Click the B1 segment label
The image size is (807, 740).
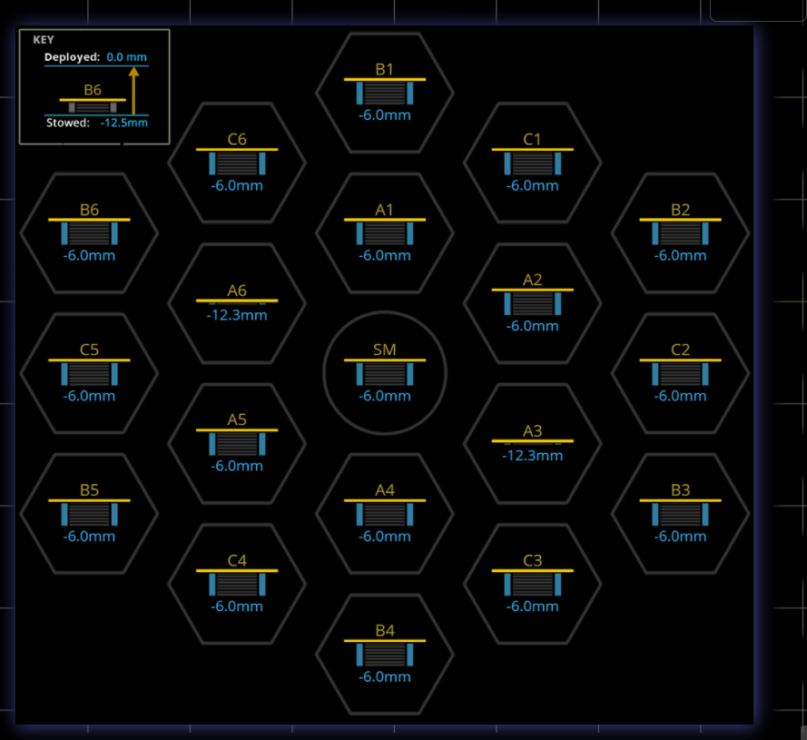(385, 69)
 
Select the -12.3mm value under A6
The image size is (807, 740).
(237, 315)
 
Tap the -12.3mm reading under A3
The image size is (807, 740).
(533, 455)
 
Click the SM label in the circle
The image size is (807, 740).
(385, 350)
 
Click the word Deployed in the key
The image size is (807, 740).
(72, 57)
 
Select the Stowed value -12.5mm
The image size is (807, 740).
(124, 123)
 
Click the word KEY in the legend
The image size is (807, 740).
(44, 40)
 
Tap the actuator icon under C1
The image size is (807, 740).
(533, 163)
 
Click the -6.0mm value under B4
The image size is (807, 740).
(385, 676)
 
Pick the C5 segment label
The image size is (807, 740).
(89, 350)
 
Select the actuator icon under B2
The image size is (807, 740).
(681, 234)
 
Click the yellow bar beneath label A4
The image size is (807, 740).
(385, 500)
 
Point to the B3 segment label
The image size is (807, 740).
(681, 490)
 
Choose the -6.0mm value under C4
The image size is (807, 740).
(237, 607)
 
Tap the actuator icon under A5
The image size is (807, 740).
(237, 444)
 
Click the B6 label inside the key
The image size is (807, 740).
(93, 90)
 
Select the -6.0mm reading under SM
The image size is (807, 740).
(385, 396)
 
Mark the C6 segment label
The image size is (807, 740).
(237, 139)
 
